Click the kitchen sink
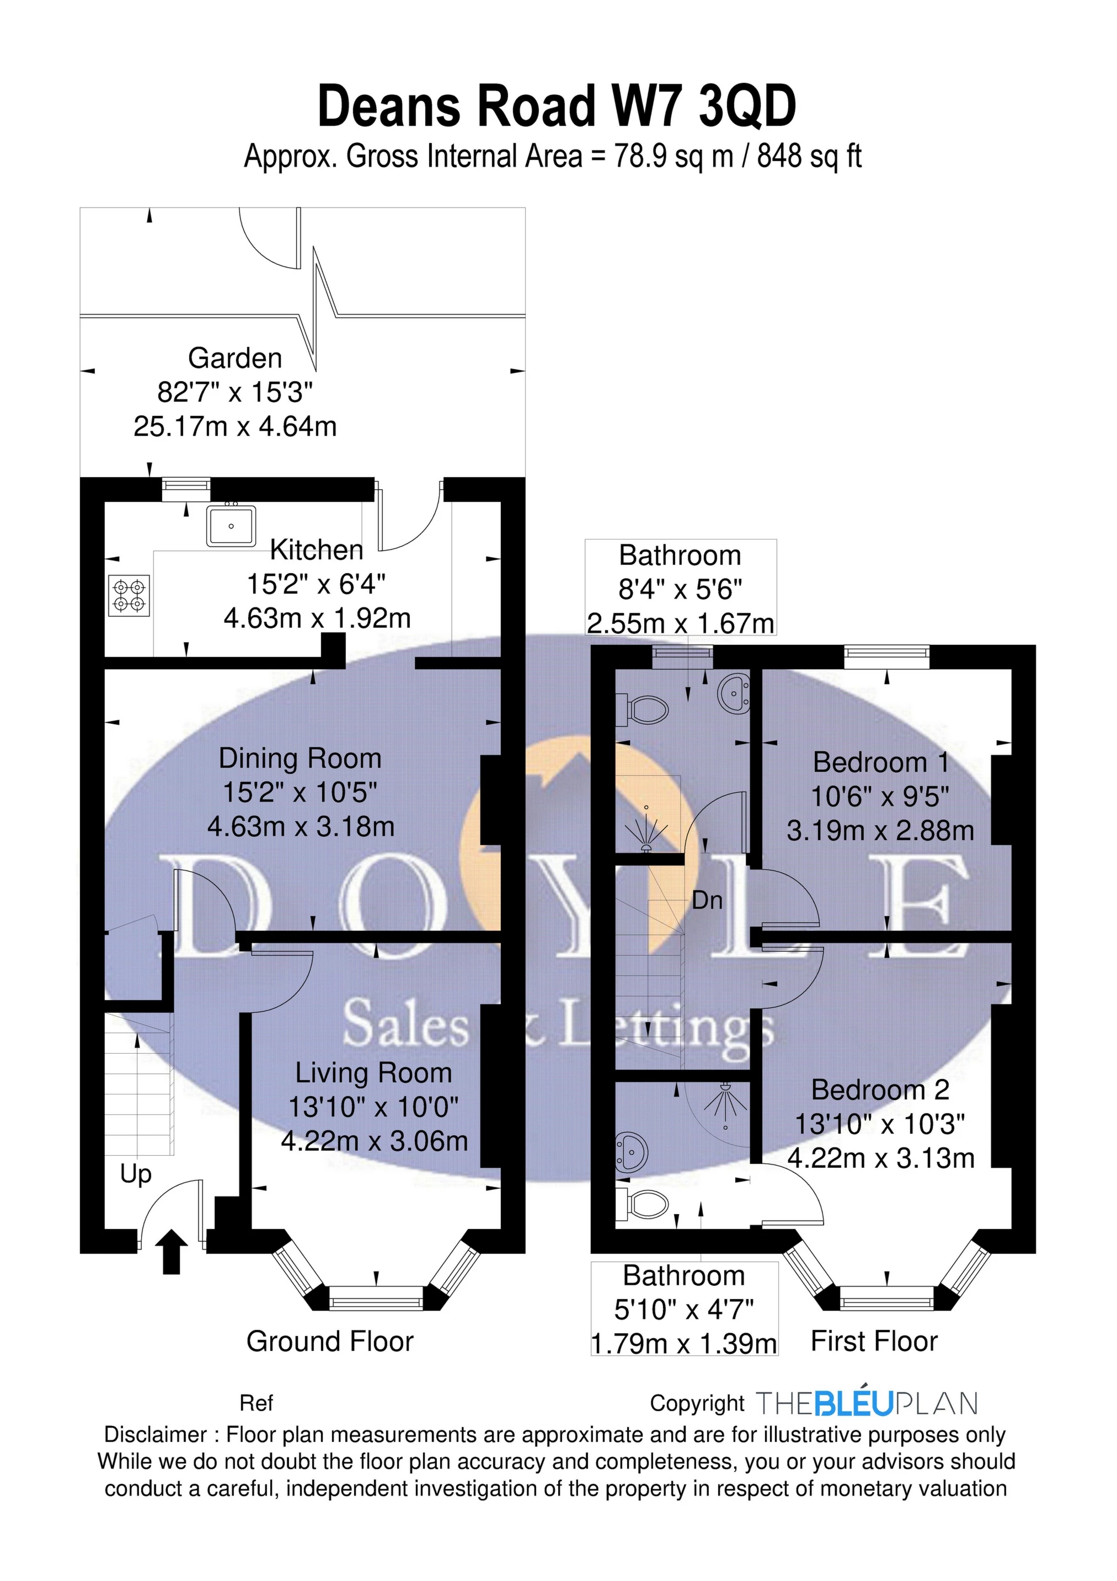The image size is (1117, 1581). point(231,525)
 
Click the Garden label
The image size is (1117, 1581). point(235,358)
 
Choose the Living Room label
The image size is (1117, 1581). point(373,1073)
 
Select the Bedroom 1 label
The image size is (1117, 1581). point(881,762)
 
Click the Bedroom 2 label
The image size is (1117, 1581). point(880,1089)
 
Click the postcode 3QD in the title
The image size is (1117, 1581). point(747,106)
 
